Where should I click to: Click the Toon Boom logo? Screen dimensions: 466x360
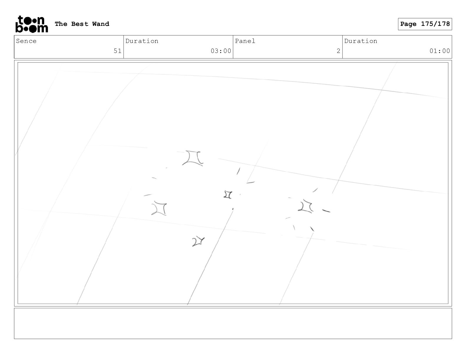coord(31,24)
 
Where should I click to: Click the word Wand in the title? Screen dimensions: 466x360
coord(101,24)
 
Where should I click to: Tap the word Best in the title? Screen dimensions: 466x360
coord(80,24)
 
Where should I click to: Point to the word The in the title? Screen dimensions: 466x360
coord(61,24)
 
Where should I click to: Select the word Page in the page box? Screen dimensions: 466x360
coord(408,24)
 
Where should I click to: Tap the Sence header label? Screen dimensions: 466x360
coord(26,41)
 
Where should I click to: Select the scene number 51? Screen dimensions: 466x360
coord(117,51)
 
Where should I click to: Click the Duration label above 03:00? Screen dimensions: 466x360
coord(142,41)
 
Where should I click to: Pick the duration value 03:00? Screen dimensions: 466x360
coord(221,51)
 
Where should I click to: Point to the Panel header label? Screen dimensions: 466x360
coord(245,41)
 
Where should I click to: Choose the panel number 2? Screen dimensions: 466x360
coord(338,51)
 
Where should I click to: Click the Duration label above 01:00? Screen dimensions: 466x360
coord(361,41)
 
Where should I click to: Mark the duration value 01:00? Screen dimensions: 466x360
coord(440,51)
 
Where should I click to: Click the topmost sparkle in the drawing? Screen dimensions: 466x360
coord(193,158)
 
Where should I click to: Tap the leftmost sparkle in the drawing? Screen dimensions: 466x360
coord(159,209)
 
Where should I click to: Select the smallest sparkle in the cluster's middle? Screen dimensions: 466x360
coord(228,195)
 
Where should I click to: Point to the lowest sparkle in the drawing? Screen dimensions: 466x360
coord(198,241)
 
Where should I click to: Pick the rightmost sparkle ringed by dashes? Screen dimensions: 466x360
coord(306,206)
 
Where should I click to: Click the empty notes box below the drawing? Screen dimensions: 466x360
coord(233,323)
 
